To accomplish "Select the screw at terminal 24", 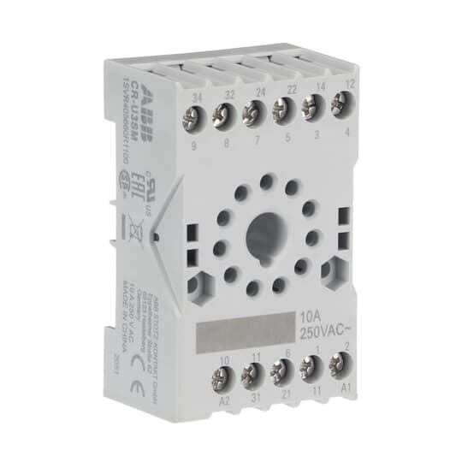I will click(253, 111).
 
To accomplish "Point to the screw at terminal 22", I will click(281, 109).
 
